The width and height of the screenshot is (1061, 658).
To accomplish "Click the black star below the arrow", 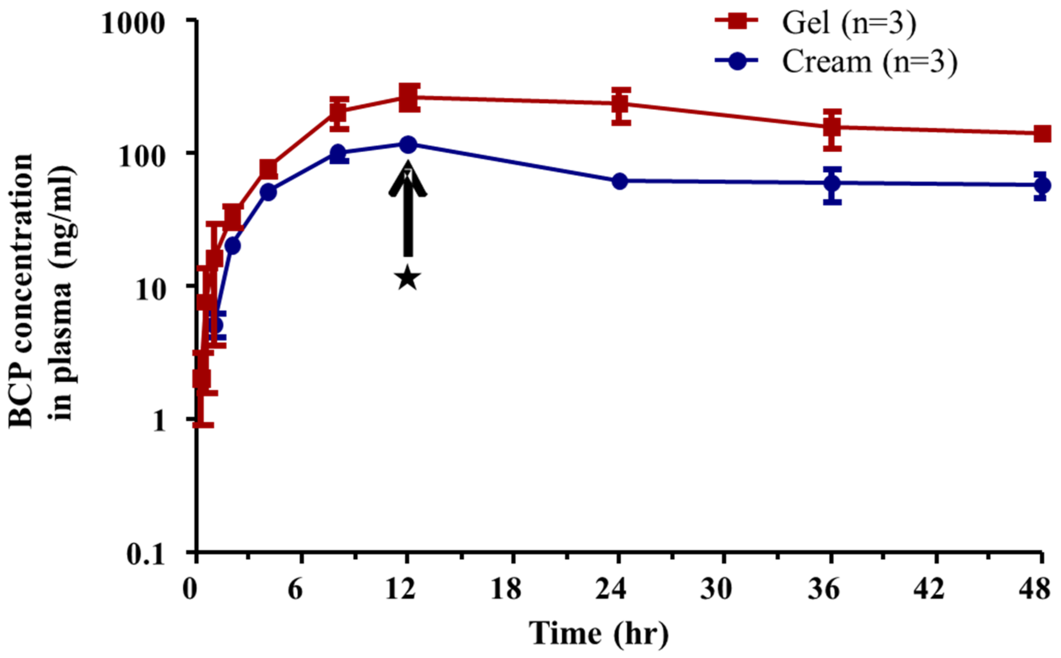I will [x=408, y=277].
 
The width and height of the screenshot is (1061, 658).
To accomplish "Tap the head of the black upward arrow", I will [x=408, y=179].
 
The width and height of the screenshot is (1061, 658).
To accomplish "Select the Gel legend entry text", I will [x=849, y=23].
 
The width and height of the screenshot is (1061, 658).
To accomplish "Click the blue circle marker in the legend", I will [x=737, y=61].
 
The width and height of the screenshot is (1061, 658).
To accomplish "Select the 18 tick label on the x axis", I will [x=506, y=589].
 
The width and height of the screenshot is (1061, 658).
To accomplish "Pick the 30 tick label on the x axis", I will [x=716, y=589].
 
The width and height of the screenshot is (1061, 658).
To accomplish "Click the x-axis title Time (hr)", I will [x=598, y=633].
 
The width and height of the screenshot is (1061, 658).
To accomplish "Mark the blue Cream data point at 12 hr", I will [x=408, y=144].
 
